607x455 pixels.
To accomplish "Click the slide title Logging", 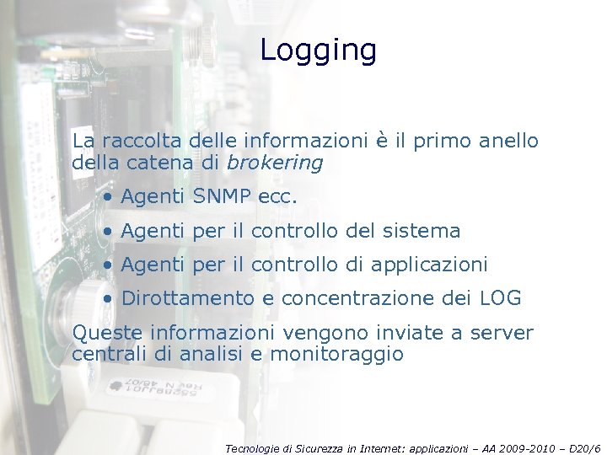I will point(318,51).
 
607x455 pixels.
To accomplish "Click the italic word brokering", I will point(275,163).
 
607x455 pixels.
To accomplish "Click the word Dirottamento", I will point(187,298).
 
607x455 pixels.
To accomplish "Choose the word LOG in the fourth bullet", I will point(500,298).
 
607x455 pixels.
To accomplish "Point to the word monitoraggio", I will point(336,355).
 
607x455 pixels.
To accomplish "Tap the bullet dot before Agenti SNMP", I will point(109,198).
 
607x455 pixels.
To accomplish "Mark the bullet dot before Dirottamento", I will point(109,299).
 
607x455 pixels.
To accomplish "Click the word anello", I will point(508,141).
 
